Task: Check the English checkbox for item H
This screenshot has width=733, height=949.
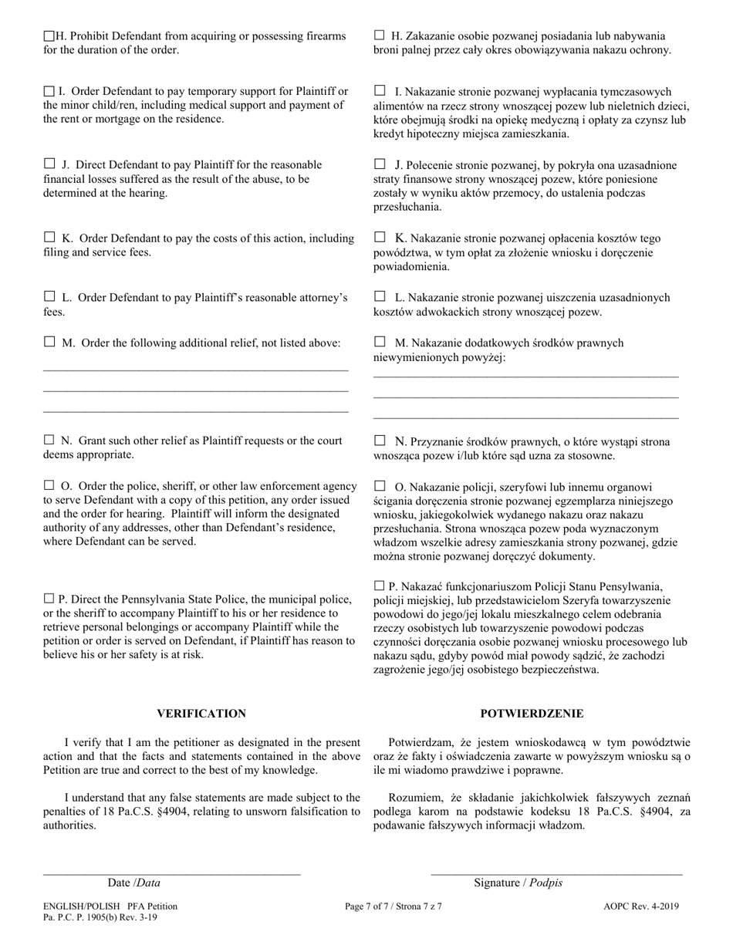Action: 49,35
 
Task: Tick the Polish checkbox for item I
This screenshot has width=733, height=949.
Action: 379,90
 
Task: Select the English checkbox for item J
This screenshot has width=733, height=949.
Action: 49,164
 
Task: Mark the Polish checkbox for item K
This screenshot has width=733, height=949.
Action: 379,238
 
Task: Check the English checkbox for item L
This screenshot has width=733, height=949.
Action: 49,296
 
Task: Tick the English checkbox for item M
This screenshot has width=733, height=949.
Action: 49,342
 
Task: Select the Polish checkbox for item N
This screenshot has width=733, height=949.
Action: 379,441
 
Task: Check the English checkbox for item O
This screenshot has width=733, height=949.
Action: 49,485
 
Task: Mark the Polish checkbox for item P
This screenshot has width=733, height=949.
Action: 379,586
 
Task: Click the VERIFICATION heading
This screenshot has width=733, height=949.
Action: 201,714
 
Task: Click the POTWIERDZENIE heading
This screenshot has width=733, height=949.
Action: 532,714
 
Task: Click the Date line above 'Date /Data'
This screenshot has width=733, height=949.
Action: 171,874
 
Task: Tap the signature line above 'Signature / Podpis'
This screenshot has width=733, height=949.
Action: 556,874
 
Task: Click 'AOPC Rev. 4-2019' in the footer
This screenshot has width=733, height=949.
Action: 641,907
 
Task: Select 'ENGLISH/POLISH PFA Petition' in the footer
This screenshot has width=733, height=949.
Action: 110,907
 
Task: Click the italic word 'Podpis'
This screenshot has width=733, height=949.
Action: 546,883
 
